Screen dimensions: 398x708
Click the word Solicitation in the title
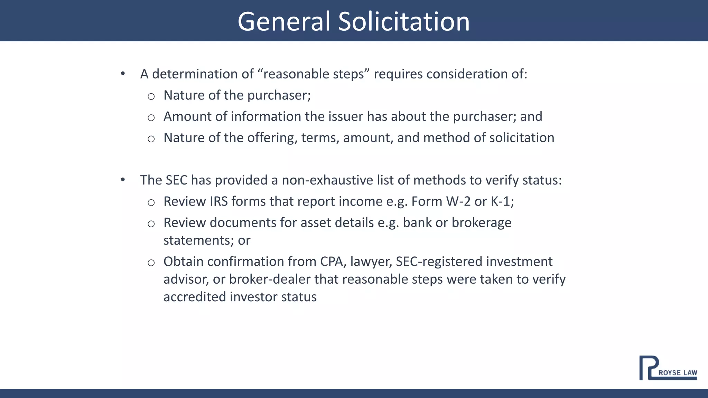[x=404, y=21]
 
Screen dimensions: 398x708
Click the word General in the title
[x=284, y=21]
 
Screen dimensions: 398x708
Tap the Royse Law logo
[x=668, y=368]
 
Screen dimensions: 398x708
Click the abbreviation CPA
[x=333, y=262]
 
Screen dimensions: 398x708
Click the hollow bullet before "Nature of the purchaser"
[x=151, y=96]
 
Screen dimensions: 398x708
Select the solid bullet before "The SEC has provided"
[x=123, y=180]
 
